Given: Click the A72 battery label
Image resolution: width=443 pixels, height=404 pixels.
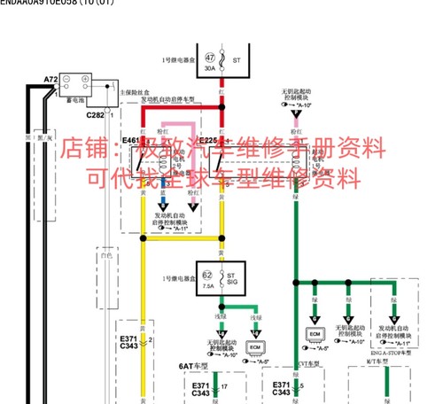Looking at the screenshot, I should point(51,80).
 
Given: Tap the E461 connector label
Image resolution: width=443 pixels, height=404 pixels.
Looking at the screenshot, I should point(131,140).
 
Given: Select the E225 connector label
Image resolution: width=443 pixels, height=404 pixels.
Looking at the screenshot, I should point(209,140).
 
